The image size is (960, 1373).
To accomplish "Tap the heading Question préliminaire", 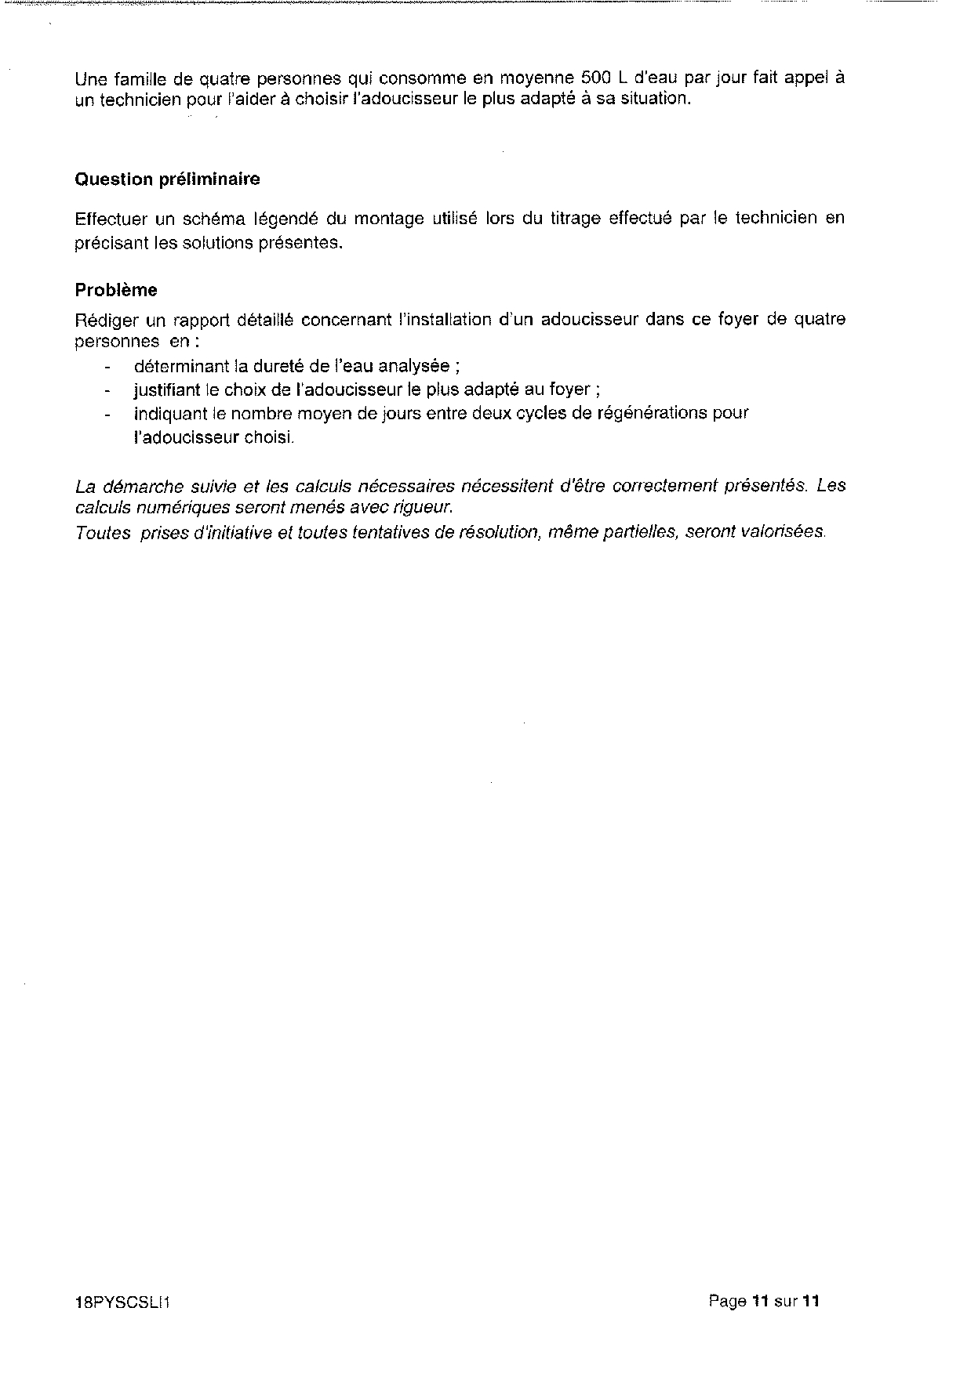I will (x=167, y=179).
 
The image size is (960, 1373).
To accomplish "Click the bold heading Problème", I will (x=116, y=290).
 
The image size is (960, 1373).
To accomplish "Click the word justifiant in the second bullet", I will (x=165, y=389).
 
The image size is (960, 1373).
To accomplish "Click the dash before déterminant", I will (x=107, y=367).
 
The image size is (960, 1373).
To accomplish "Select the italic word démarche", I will (x=139, y=486).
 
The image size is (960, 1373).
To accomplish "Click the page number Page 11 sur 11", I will (x=764, y=1302).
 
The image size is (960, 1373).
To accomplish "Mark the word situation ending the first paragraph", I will (x=657, y=100).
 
